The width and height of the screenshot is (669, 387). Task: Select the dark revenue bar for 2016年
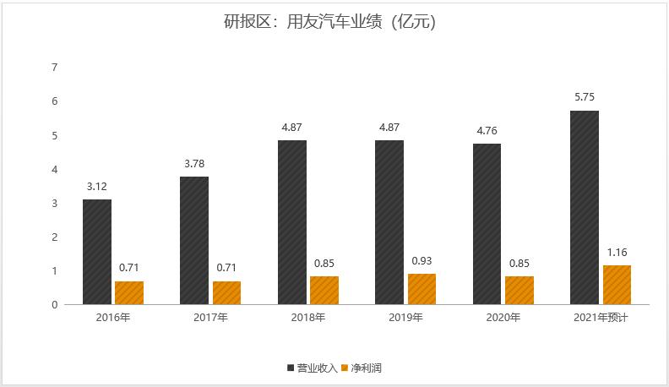pyautogui.click(x=97, y=252)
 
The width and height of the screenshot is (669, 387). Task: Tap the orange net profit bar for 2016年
pyautogui.click(x=129, y=292)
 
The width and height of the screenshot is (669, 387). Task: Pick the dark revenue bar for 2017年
pyautogui.click(x=194, y=241)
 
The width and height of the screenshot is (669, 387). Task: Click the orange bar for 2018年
pyautogui.click(x=324, y=290)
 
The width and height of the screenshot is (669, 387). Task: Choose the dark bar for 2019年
pyautogui.click(x=389, y=222)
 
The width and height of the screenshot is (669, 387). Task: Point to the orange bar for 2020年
pyautogui.click(x=519, y=290)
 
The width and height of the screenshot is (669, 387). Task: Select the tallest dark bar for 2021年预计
pyautogui.click(x=585, y=207)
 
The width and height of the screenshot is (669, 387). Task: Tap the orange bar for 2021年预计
pyautogui.click(x=617, y=285)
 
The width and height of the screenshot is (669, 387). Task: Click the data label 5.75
pyautogui.click(x=585, y=97)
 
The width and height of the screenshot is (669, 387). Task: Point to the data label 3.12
pyautogui.click(x=97, y=186)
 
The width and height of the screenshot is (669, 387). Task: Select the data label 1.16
pyautogui.click(x=617, y=252)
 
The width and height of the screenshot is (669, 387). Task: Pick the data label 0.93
pyautogui.click(x=422, y=260)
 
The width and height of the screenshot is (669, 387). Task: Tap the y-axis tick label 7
pyautogui.click(x=55, y=68)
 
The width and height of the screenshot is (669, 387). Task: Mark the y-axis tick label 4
pyautogui.click(x=55, y=169)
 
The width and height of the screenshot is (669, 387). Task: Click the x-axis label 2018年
pyautogui.click(x=308, y=318)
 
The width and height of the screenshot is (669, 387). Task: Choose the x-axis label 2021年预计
pyautogui.click(x=601, y=318)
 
